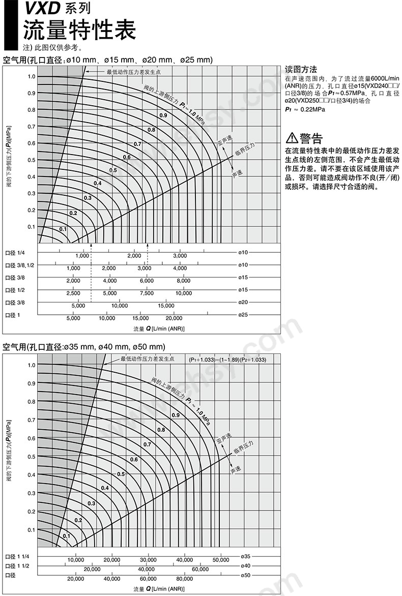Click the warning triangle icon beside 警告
tap(292, 138)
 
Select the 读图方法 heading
tap(301, 70)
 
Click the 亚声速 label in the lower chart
tap(223, 437)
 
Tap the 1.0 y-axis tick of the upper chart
tap(32, 77)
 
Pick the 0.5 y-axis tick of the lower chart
tap(32, 456)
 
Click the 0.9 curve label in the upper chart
tap(163, 116)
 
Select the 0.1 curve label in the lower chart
tap(67, 536)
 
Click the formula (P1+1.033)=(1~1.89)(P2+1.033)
tap(227, 360)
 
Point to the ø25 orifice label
tap(243, 315)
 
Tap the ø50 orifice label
tap(245, 575)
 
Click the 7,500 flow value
tap(147, 293)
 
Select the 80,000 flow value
tap(185, 579)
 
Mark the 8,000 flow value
tap(184, 281)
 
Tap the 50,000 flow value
tap(221, 560)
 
